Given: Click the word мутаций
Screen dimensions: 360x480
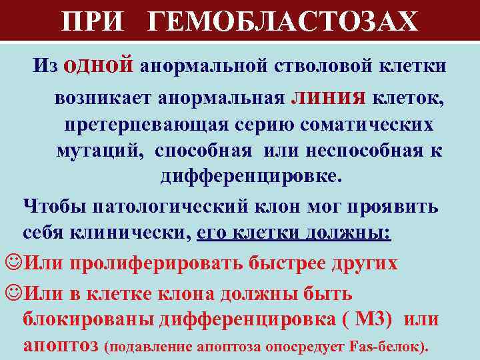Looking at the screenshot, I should pyautogui.click(x=99, y=150).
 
